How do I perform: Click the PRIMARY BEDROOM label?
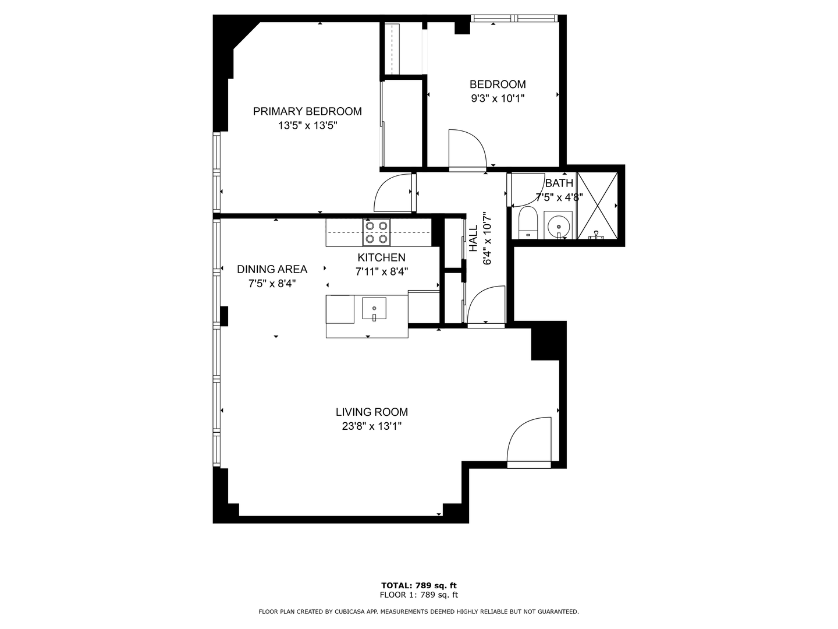(307, 111)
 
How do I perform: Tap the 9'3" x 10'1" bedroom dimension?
(498, 98)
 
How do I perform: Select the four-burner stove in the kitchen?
(377, 232)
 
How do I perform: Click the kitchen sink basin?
(374, 308)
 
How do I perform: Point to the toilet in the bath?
(528, 223)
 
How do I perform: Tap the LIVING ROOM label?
(371, 412)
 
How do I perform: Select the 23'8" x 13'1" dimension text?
(371, 426)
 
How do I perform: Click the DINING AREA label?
(272, 269)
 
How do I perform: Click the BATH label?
(559, 183)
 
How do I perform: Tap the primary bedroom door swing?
(394, 194)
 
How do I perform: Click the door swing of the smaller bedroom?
(467, 150)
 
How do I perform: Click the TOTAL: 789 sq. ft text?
(418, 585)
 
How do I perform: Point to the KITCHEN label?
(381, 257)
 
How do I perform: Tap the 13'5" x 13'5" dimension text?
(307, 125)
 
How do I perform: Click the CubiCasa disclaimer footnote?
(418, 612)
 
